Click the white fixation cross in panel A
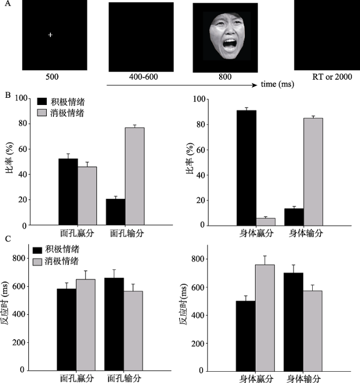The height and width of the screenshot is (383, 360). tap(50, 35)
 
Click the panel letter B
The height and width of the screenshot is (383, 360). tap(6, 95)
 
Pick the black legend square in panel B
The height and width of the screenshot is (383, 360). tap(39, 102)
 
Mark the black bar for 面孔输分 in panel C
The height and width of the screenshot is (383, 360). tap(114, 324)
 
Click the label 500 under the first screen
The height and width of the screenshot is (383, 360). tap(51, 77)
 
